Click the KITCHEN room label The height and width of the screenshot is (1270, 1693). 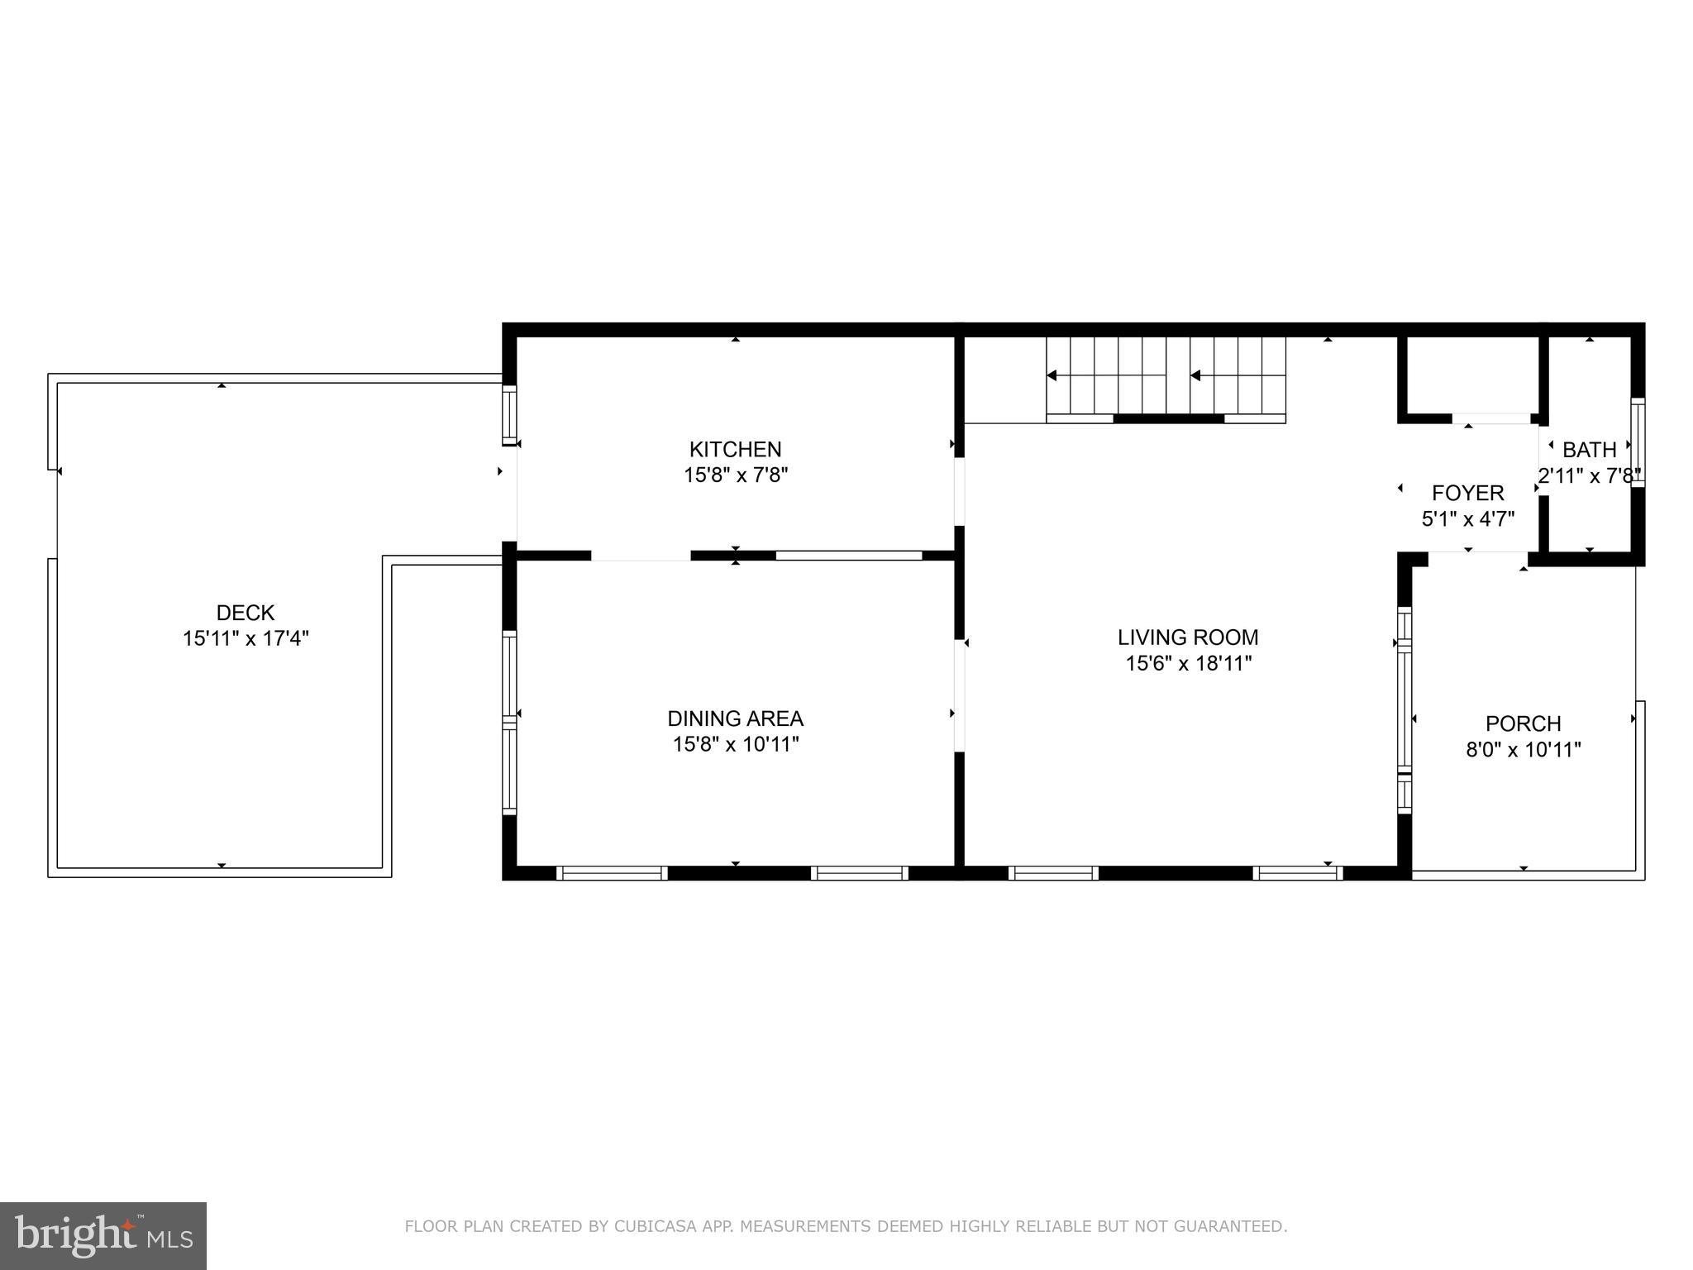point(735,449)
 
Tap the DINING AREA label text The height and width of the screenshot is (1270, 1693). point(735,718)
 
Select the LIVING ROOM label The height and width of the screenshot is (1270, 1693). point(1188,637)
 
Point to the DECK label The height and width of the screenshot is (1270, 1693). point(246,613)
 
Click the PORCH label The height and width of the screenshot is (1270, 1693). point(1523,723)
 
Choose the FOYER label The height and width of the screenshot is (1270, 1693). point(1467,493)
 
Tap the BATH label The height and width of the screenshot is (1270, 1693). point(1589,450)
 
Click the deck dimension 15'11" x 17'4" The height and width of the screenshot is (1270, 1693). point(246,639)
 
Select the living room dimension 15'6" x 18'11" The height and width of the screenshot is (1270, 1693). point(1188,663)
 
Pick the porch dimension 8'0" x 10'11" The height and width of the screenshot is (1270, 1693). point(1523,750)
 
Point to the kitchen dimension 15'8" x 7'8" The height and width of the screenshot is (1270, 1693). point(735,475)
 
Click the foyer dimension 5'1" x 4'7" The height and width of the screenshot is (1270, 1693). point(1467,519)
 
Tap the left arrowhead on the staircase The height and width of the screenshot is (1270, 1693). point(1052,375)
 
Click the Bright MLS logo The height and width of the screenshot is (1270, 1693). point(103,1235)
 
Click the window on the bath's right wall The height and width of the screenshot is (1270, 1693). point(1637,443)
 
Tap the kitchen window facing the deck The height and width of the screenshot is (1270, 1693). point(509,415)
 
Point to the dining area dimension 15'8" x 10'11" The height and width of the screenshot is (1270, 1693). point(735,744)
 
